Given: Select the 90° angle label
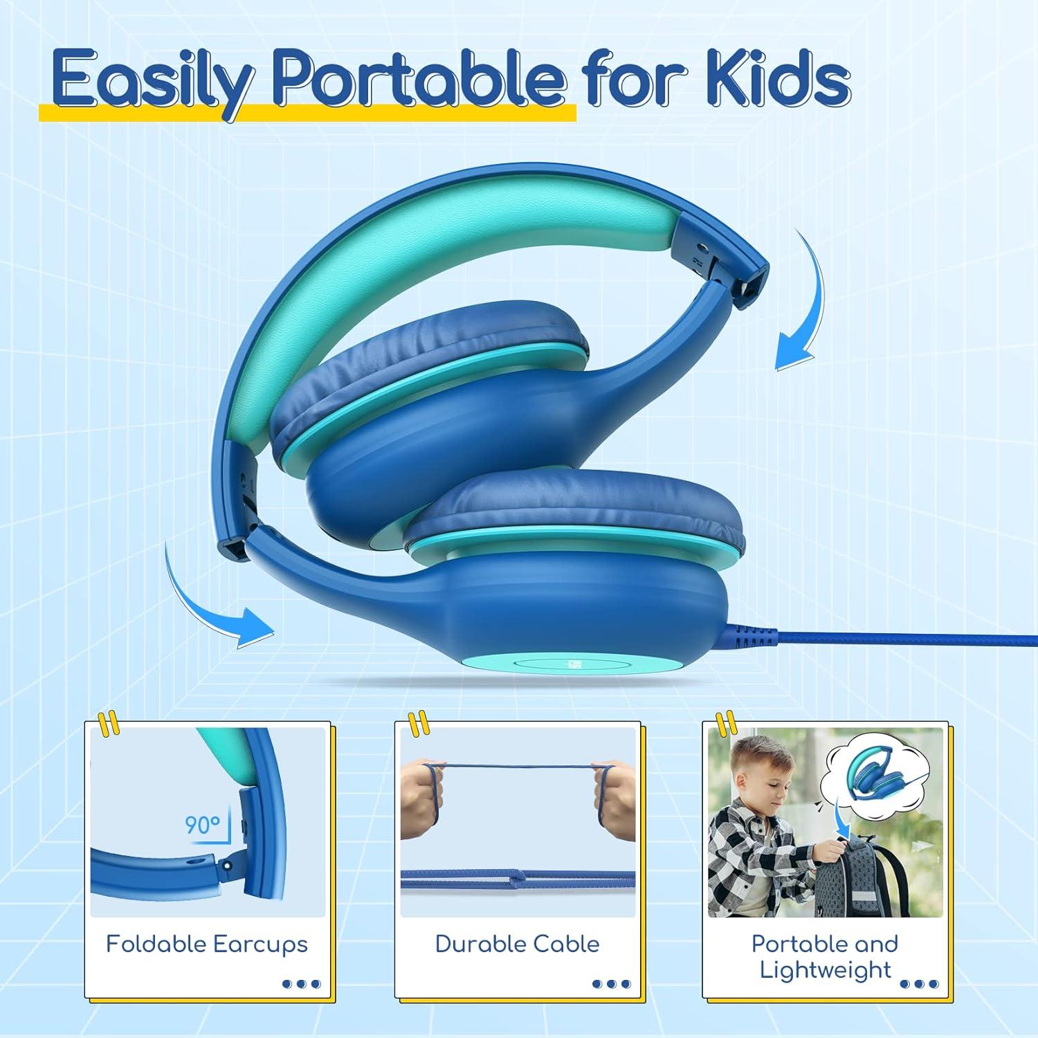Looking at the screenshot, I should pos(202,825).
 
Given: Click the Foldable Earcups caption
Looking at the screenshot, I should pos(207,944).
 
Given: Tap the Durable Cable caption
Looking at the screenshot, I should pos(517,944).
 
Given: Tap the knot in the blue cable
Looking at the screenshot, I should pos(516,882).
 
